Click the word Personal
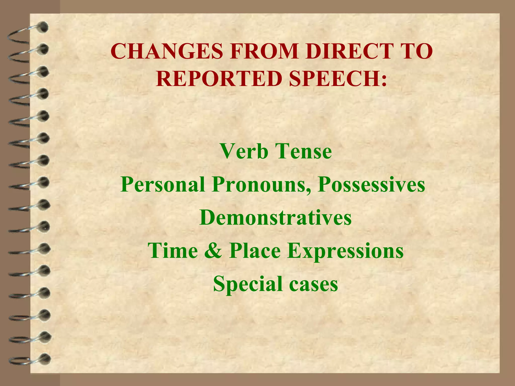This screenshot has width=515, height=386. [x=162, y=184]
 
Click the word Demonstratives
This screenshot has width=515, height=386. [x=275, y=217]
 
